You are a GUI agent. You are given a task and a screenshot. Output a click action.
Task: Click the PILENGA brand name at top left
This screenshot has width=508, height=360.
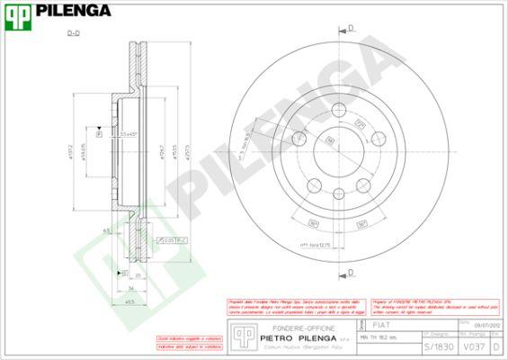click(x=75, y=11)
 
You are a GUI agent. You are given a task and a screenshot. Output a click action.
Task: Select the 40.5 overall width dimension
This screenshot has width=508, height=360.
click(x=130, y=301)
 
